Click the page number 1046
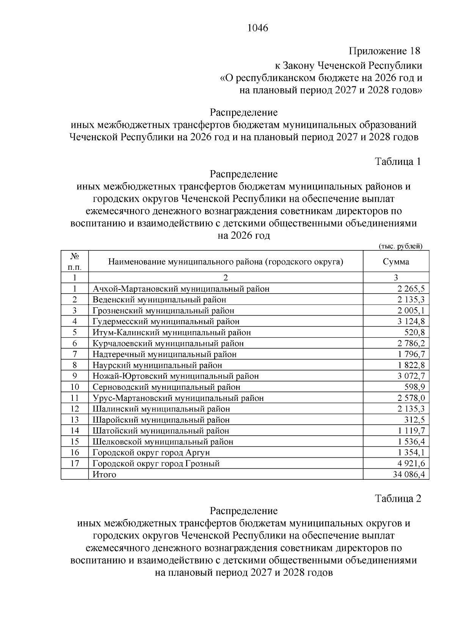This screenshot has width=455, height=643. click(257, 28)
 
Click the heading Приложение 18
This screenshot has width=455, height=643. click(384, 51)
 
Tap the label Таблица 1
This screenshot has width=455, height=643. click(398, 162)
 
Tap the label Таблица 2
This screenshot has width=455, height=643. click(398, 498)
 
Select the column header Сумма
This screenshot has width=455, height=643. click(396, 261)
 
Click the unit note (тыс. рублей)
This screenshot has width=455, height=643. click(401, 246)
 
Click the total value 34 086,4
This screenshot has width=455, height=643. click(409, 474)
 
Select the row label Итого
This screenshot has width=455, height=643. click(104, 474)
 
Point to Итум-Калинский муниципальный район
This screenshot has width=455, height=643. click(172, 332)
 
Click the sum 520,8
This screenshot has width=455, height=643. click(415, 332)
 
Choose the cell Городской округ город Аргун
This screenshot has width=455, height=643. click(151, 452)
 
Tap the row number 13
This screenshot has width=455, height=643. click(75, 420)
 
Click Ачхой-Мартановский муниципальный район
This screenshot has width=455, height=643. click(181, 289)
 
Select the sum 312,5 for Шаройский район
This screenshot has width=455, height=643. click(415, 420)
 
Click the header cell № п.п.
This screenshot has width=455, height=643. click(75, 261)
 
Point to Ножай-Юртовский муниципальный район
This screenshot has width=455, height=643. click(176, 376)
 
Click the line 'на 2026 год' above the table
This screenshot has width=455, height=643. click(243, 236)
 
